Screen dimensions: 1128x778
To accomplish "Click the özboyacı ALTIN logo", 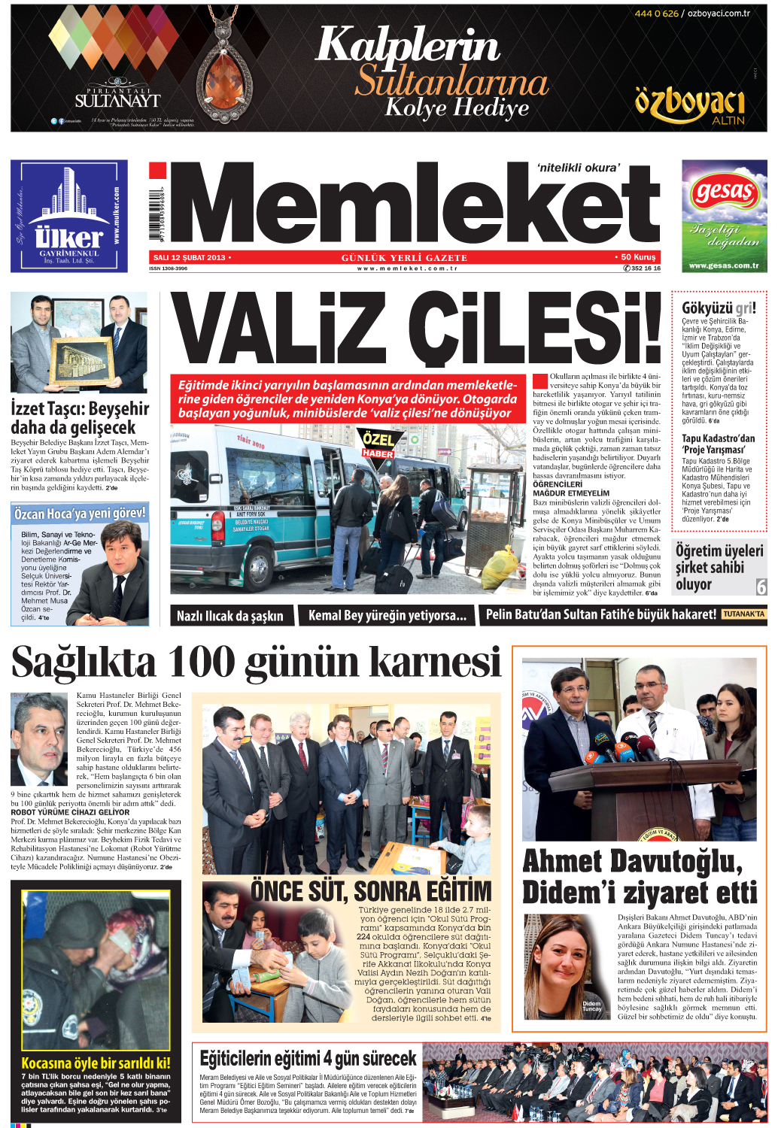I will (689, 105).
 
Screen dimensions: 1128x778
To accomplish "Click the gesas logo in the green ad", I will (723, 193).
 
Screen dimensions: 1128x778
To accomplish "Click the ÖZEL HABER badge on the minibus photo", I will (378, 445).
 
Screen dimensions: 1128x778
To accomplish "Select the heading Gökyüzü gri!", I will (718, 308).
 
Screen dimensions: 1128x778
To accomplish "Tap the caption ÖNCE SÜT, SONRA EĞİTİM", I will (370, 892).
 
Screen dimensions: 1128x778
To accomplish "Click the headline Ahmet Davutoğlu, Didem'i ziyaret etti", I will (640, 877).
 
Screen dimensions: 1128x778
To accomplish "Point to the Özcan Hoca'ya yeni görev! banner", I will (80, 514).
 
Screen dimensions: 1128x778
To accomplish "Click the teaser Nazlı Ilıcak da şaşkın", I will (229, 616).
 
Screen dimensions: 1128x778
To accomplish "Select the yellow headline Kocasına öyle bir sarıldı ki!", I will (96, 1063).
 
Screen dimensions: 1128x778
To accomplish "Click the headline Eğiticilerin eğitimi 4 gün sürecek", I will (308, 1059).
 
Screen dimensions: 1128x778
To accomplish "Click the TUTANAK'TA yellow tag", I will (743, 614).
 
